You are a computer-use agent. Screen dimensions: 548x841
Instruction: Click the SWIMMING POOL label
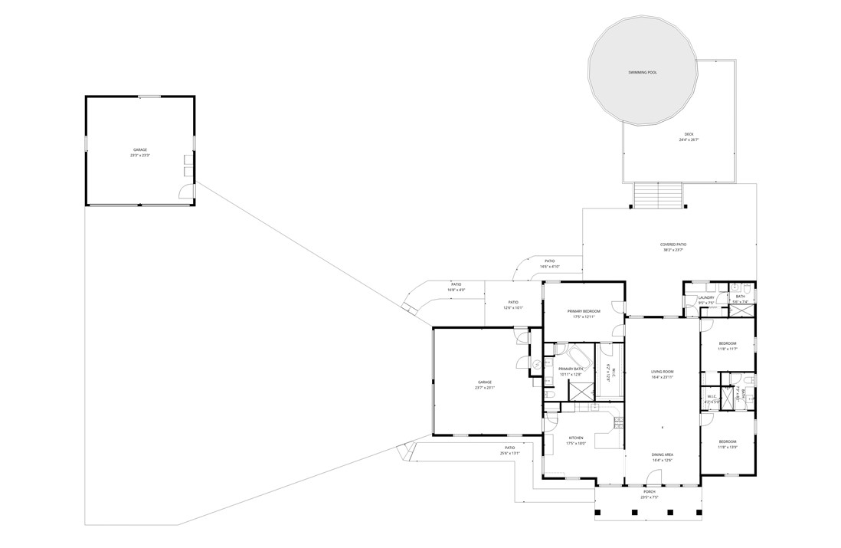643,73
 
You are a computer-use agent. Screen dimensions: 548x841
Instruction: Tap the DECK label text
689,134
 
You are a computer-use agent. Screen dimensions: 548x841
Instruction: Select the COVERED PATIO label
673,245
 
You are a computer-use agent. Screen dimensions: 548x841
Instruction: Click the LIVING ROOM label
662,372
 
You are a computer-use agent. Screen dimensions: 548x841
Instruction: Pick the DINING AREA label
663,455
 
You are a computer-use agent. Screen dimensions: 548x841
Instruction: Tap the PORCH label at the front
648,492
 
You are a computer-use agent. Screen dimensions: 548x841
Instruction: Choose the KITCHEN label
576,438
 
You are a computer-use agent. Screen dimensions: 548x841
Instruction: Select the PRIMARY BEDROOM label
584,311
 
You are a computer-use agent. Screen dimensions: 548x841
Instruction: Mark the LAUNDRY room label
706,297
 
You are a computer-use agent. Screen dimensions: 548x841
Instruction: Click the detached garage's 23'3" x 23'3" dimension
140,156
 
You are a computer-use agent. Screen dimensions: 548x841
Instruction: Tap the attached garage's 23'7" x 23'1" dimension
485,387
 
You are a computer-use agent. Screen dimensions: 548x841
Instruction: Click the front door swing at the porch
653,478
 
